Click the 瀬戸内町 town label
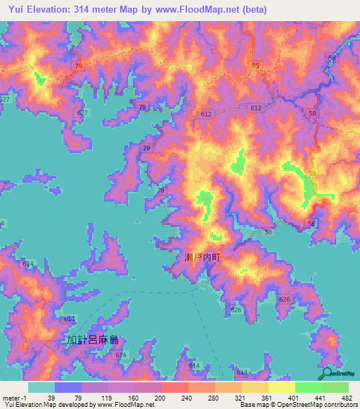(203, 259)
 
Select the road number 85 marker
(255, 66)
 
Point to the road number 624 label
(122, 356)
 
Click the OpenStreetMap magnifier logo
(328, 373)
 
